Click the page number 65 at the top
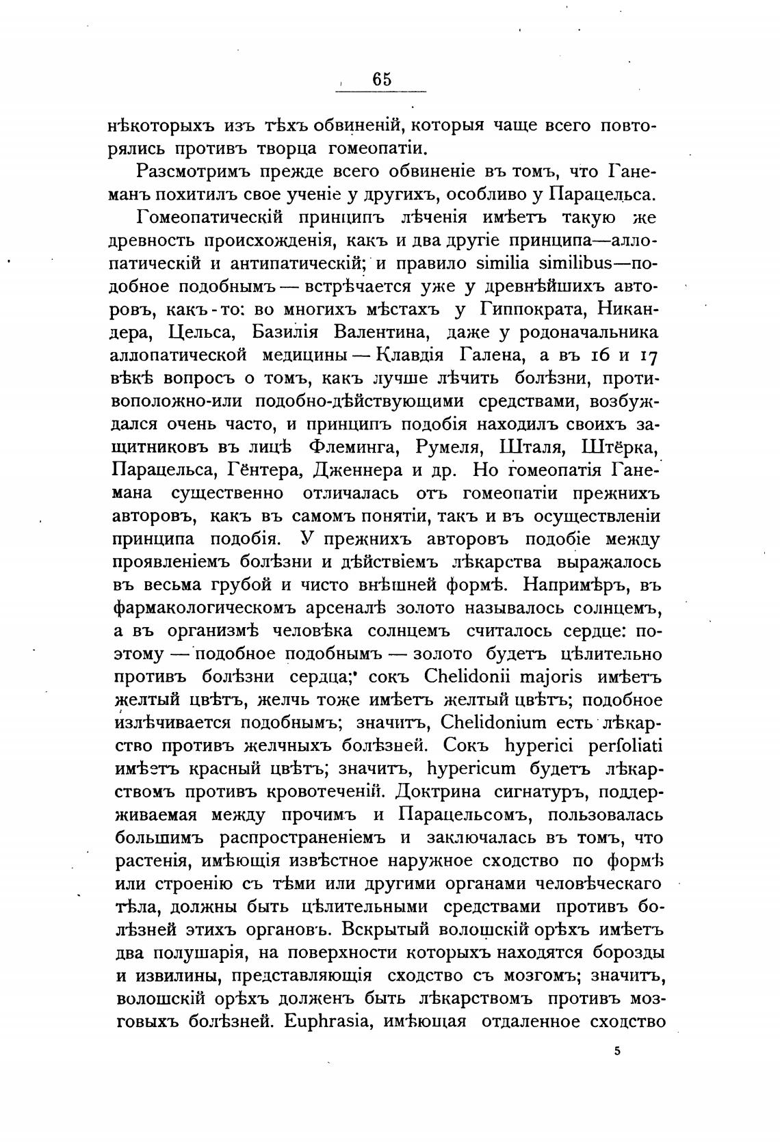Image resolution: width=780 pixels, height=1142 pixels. pyautogui.click(x=382, y=80)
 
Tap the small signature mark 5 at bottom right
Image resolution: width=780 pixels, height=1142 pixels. pyautogui.click(x=616, y=1052)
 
